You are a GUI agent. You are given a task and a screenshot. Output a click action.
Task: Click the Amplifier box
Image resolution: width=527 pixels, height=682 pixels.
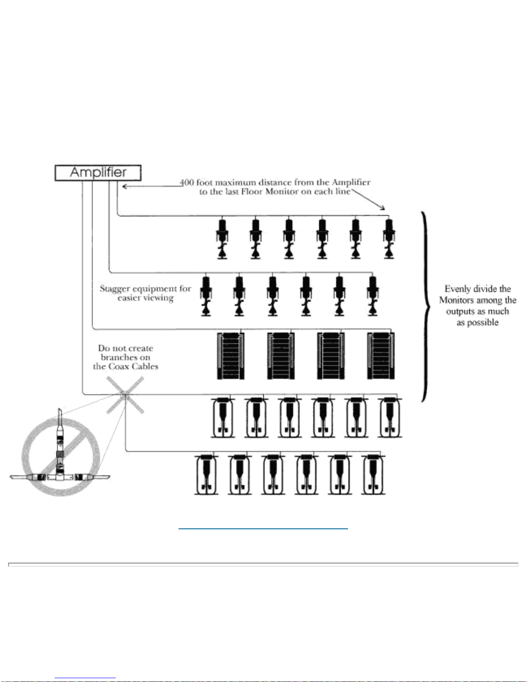tap(98, 173)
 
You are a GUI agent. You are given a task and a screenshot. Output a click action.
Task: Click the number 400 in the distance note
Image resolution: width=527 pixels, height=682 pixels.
tap(187, 182)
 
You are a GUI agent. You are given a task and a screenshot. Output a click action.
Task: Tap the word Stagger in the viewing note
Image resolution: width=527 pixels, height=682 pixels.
tap(114, 289)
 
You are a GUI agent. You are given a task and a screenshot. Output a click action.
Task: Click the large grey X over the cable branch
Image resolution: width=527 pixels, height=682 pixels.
tap(125, 395)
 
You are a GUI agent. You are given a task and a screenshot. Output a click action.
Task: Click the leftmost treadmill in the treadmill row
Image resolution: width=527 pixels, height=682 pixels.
tap(231, 355)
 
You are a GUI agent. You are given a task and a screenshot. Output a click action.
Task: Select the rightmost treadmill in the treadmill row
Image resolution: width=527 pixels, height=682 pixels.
tap(381, 355)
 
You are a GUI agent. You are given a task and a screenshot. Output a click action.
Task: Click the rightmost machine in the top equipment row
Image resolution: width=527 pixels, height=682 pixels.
tap(389, 238)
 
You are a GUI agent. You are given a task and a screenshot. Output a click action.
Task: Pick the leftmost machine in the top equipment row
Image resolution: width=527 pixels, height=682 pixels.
tap(222, 238)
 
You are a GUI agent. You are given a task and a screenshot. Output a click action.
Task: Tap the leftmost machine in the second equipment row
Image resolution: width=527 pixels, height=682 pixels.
tap(206, 296)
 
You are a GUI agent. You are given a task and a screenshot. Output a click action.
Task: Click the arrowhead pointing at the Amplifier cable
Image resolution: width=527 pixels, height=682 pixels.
tap(124, 186)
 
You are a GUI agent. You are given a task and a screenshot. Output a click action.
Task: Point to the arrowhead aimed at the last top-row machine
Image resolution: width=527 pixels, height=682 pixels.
tap(382, 207)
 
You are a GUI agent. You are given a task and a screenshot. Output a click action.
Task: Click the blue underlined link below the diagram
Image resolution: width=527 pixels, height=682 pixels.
tap(263, 529)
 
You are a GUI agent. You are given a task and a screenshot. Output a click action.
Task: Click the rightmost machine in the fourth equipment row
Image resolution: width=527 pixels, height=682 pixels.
tap(390, 417)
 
